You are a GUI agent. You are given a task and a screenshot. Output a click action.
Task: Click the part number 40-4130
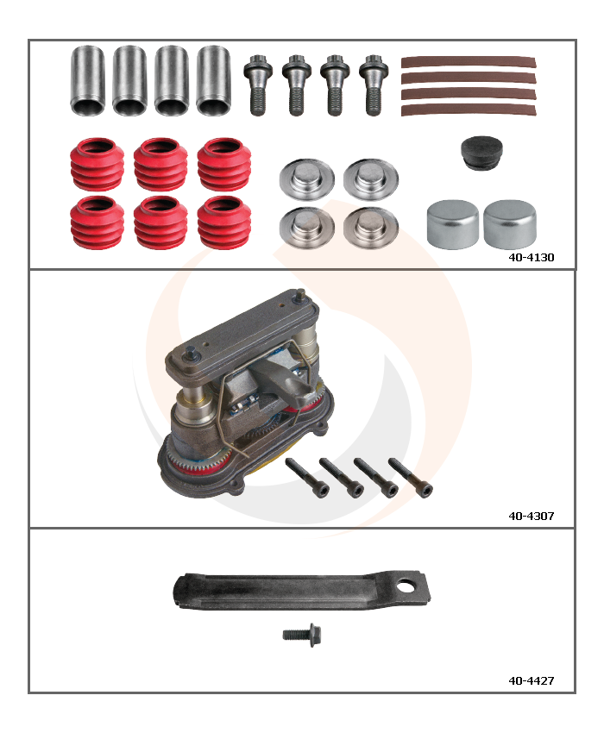coord(531,257)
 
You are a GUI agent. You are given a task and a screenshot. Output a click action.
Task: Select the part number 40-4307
coord(531,516)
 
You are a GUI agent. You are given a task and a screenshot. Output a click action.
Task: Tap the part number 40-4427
coord(531,680)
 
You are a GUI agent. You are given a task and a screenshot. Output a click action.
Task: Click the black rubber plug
coord(481,153)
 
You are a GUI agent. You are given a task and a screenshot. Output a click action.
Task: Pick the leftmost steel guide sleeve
coord(87,80)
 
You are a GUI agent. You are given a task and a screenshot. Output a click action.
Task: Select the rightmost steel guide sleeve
coord(214,80)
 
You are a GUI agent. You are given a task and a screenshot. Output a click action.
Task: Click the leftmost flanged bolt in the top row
coord(258,85)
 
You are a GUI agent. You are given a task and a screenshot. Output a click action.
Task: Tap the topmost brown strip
coord(469,63)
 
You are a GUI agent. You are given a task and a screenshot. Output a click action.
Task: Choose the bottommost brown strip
coord(469,110)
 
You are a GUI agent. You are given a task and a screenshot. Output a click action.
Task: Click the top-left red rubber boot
coord(98,164)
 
